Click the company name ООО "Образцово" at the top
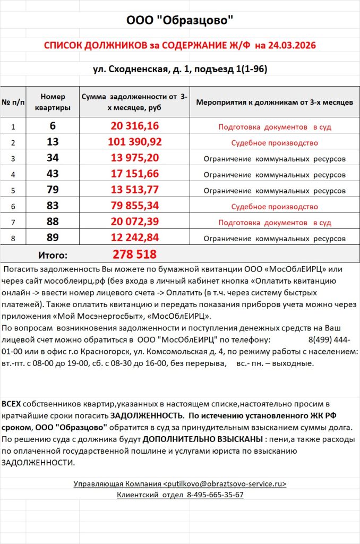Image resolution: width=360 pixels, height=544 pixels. coord(179,21)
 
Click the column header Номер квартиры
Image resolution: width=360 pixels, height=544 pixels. coord(53,102)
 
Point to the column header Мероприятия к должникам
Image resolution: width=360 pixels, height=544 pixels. coord(274,102)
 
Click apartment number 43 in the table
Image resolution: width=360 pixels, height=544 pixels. coord(53,174)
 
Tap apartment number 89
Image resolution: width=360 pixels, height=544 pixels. coord(53,237)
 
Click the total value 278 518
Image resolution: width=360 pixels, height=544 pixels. coord(135,254)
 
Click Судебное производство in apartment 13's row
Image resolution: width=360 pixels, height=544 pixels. coord(274,143)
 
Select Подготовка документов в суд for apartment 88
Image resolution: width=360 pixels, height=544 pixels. coord(274,222)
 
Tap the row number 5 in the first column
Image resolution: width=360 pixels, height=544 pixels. coord(13,191)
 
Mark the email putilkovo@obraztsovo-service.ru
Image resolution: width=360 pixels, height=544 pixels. coord(225,484)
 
